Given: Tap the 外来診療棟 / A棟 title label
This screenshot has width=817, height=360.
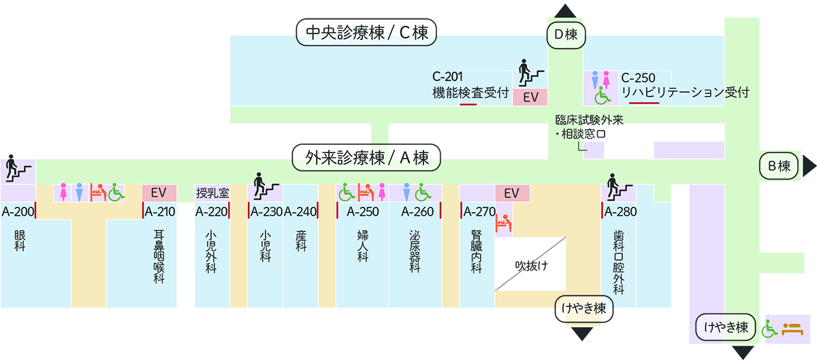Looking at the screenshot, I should pos(367,158).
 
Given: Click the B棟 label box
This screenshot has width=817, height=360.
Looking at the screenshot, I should pos(778,165).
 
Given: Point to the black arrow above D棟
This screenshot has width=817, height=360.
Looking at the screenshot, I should pos(564,11).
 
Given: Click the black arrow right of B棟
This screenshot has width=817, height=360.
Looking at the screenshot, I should pos(809,165).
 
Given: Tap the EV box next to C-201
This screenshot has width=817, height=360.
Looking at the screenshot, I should pos(530,98).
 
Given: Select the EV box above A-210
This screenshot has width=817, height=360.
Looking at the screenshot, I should pos(159,193).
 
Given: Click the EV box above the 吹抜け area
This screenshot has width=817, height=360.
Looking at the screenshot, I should pos(512,193).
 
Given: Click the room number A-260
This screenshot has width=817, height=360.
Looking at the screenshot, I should pos(417,212).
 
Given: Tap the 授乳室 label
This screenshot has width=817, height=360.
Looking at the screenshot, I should pos(212,193).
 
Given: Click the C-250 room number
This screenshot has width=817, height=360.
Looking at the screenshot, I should pos(638,78).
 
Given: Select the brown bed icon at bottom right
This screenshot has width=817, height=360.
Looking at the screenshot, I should pos(792,329).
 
